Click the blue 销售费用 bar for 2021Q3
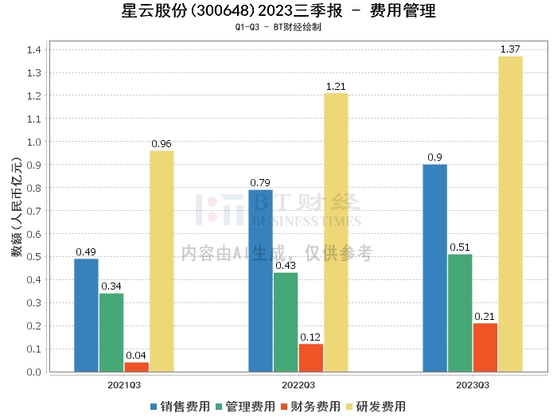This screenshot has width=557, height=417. [x=86, y=315]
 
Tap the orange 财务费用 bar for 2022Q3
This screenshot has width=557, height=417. [x=311, y=357]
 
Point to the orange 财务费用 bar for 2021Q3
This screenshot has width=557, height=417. [x=136, y=367]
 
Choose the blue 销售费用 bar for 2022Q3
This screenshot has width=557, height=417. [x=260, y=280]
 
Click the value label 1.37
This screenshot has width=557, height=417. [x=510, y=50]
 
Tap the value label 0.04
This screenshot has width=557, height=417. [x=136, y=356]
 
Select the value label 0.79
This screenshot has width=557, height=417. [x=260, y=183]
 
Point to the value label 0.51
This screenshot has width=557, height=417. [x=460, y=247]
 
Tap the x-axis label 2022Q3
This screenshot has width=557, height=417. [x=298, y=384]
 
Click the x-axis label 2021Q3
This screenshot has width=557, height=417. [x=124, y=384]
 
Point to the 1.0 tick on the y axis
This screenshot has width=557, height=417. [x=35, y=142]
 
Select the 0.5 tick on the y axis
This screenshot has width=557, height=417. [x=35, y=257]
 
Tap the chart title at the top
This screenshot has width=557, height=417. [x=278, y=11]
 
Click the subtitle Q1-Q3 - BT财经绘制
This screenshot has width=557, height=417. [x=278, y=27]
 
